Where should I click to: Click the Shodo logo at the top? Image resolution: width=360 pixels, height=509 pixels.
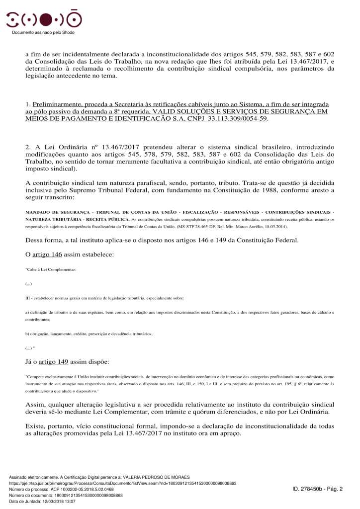(44, 19)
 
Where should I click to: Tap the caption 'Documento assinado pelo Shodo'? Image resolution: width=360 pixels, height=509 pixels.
(43, 32)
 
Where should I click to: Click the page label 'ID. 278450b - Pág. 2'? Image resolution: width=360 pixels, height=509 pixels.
(318, 489)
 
